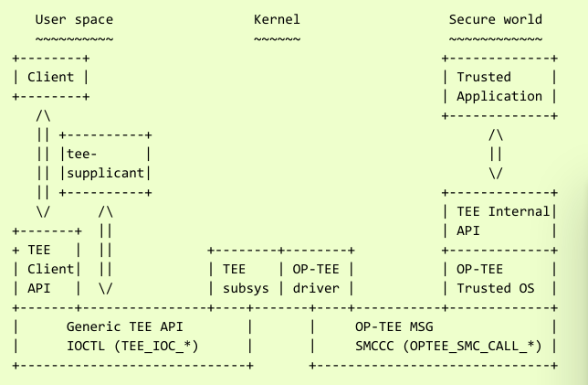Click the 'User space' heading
[74, 18]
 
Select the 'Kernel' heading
[277, 18]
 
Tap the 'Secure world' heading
[496, 18]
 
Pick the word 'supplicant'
[105, 173]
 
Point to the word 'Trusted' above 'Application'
[483, 77]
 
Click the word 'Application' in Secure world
[499, 96]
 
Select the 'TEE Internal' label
[503, 211]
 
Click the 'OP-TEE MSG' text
[393, 326]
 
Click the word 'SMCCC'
[378, 346]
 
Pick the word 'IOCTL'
[89, 346]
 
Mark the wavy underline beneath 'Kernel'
[277, 38]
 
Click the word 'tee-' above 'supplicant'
[80, 154]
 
